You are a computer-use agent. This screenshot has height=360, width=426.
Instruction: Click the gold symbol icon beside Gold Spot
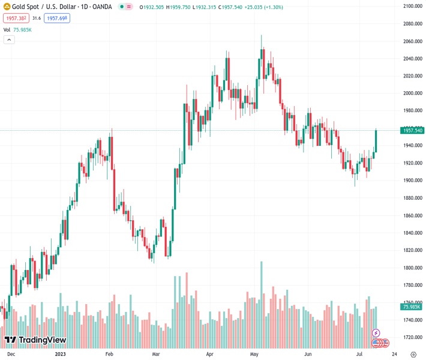(x=7, y=7)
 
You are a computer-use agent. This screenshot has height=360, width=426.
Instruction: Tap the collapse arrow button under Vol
(x=9, y=40)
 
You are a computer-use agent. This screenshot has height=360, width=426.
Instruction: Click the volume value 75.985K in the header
(x=23, y=29)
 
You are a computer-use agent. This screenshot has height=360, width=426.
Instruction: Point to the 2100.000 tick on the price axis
(x=413, y=6)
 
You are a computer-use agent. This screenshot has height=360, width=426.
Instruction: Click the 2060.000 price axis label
(x=413, y=41)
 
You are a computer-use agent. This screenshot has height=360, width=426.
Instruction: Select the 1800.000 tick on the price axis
(x=413, y=268)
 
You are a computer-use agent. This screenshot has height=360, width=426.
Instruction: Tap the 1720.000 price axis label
(x=413, y=337)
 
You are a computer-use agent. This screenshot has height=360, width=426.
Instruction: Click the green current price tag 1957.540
(x=413, y=130)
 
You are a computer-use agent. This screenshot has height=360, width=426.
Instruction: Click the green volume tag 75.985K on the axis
(x=413, y=307)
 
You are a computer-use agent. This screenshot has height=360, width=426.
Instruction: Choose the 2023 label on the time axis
(x=60, y=354)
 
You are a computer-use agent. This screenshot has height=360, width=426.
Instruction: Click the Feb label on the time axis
(x=109, y=354)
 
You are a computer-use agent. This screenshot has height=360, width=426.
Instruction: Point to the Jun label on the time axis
(x=308, y=354)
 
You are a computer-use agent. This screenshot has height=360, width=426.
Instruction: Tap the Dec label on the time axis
(x=11, y=354)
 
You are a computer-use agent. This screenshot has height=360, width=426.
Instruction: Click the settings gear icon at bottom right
(x=413, y=354)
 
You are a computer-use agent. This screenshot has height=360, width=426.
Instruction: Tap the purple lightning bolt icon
(x=376, y=332)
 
